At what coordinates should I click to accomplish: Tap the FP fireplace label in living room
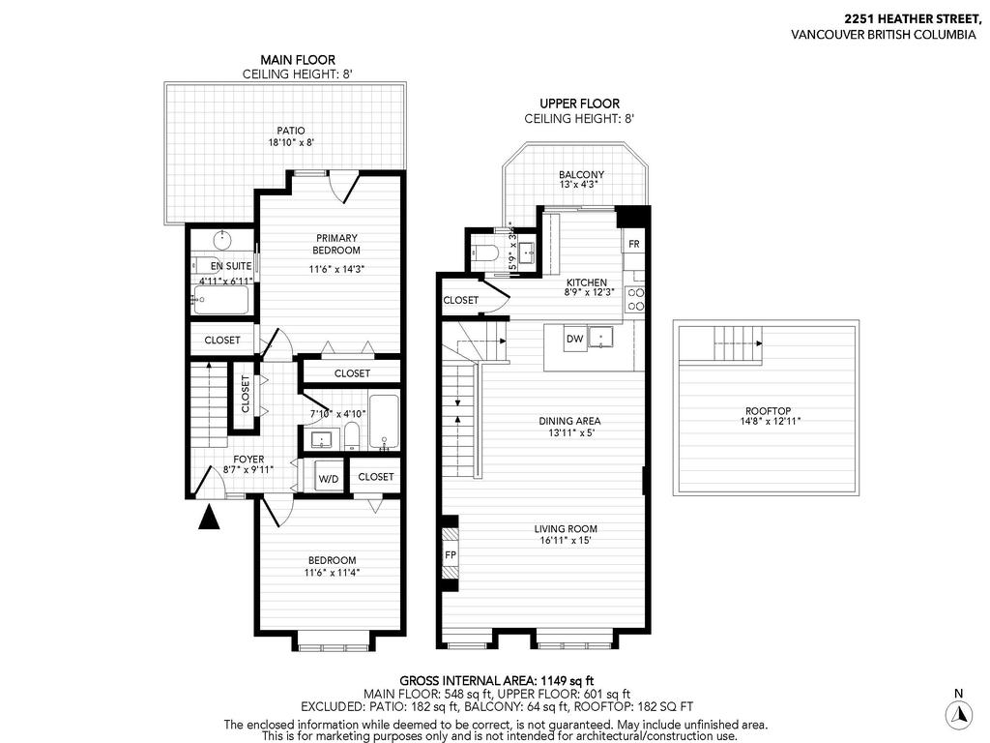(450, 554)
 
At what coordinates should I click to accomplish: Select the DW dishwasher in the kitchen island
(574, 339)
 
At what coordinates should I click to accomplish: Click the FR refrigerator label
(634, 244)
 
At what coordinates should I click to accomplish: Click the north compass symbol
(957, 714)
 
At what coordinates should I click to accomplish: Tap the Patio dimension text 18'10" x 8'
(291, 142)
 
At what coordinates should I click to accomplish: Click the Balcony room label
(581, 174)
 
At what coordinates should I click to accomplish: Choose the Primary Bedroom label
(335, 244)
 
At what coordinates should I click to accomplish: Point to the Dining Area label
(569, 421)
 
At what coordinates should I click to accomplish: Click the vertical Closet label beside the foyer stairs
(245, 394)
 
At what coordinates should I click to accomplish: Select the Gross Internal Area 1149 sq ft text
(494, 680)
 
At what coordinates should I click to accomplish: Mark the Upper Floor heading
(579, 104)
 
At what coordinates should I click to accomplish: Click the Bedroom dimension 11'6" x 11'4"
(332, 573)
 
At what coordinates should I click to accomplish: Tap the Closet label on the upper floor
(461, 300)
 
